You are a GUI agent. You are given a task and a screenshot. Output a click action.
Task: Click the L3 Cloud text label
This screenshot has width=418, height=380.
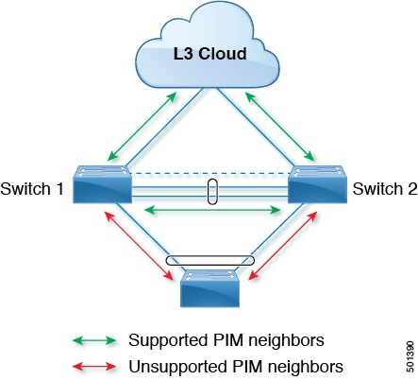tap(209, 54)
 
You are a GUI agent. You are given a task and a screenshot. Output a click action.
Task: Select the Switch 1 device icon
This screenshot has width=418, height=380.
tap(101, 184)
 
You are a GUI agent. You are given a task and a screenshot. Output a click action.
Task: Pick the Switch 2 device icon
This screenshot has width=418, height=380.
tap(317, 184)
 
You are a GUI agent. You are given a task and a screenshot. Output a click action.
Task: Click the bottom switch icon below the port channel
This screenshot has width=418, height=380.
tap(209, 289)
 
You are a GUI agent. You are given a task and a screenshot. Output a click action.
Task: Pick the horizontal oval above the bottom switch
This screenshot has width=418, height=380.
tap(209, 260)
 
